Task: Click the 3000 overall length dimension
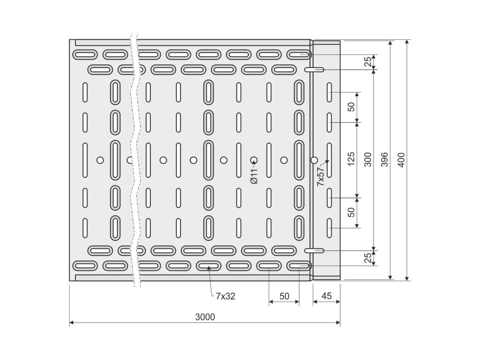click(x=205, y=317)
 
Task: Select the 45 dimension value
click(x=327, y=296)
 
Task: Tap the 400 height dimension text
click(x=401, y=160)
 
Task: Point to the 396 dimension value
click(x=385, y=159)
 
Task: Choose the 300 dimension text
click(x=368, y=159)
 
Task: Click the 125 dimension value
click(x=351, y=159)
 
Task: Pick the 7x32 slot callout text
click(x=225, y=296)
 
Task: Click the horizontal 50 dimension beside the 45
click(x=285, y=296)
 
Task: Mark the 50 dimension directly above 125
click(x=351, y=107)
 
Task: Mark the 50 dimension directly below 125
click(x=351, y=212)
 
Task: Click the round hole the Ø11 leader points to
click(x=254, y=160)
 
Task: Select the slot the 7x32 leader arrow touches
click(x=209, y=266)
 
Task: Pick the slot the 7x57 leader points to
click(x=330, y=160)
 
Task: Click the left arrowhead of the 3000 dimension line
click(x=72, y=322)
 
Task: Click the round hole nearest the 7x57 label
click(x=314, y=160)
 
